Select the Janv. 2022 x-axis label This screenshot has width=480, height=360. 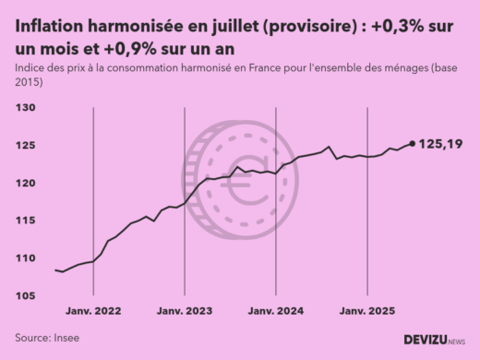(x=94, y=311)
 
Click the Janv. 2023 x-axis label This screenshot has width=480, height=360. (x=185, y=311)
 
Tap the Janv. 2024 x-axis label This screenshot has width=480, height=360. (x=276, y=311)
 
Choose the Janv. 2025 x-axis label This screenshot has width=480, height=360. (x=367, y=311)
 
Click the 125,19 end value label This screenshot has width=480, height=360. (x=440, y=144)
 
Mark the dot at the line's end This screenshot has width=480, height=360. (x=412, y=143)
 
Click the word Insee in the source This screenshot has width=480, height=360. (x=66, y=338)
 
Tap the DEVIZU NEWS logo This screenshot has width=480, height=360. (x=435, y=340)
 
